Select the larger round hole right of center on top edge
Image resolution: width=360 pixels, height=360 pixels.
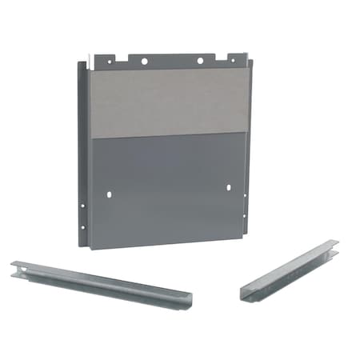click(199, 60)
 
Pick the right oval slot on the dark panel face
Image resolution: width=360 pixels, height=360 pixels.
click(230, 188)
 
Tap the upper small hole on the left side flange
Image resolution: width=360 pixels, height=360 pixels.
click(82, 205)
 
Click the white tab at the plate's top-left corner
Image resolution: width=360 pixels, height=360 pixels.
click(90, 58)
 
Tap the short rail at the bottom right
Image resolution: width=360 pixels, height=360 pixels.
click(290, 269)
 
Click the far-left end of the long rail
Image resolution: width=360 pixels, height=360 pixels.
click(14, 268)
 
